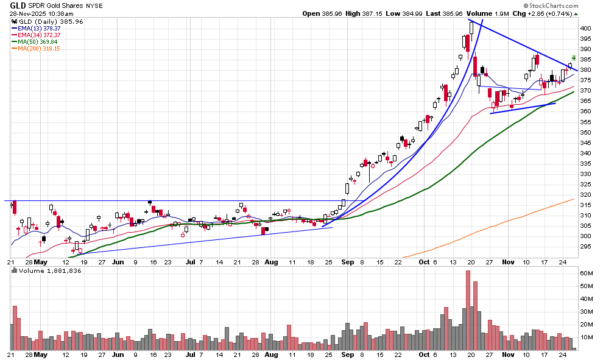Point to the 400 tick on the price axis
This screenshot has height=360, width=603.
coord(585,28)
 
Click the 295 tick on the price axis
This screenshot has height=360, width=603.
coord(585,247)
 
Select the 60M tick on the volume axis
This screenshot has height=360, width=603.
coord(586,274)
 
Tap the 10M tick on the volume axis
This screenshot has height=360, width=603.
coord(586,337)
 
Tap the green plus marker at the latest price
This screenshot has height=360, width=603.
coord(573,58)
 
